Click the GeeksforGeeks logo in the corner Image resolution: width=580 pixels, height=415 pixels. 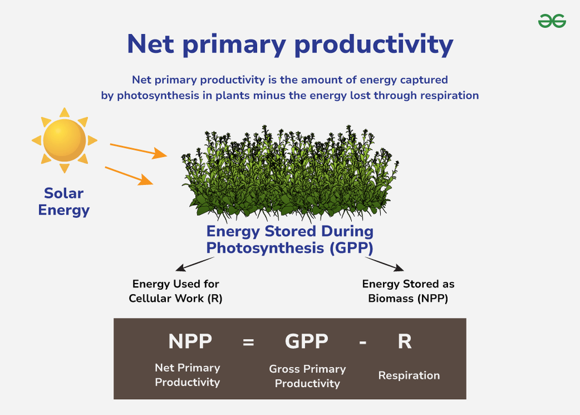tap(552, 21)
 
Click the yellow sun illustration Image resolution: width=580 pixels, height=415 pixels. tap(64, 140)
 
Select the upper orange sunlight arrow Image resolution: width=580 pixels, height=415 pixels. tap(138, 150)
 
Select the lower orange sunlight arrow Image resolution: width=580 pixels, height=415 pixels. tap(129, 175)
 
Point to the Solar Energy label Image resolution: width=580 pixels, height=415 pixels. tap(64, 202)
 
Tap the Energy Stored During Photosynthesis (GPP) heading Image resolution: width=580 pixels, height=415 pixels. tap(289, 240)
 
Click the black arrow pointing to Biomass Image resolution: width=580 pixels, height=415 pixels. tap(384, 264)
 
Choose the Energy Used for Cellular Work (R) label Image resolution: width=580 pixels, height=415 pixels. tap(176, 291)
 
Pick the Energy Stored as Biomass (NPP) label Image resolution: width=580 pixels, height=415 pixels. tap(408, 291)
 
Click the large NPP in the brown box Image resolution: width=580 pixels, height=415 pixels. tap(190, 342)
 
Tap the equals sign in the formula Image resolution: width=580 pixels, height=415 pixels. tap(248, 343)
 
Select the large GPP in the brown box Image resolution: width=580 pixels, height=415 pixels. tap(306, 342)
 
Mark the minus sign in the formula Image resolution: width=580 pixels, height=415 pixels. tap(363, 343)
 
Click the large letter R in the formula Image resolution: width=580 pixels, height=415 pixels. tap(404, 342)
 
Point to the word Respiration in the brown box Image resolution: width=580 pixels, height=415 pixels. tap(409, 375)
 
